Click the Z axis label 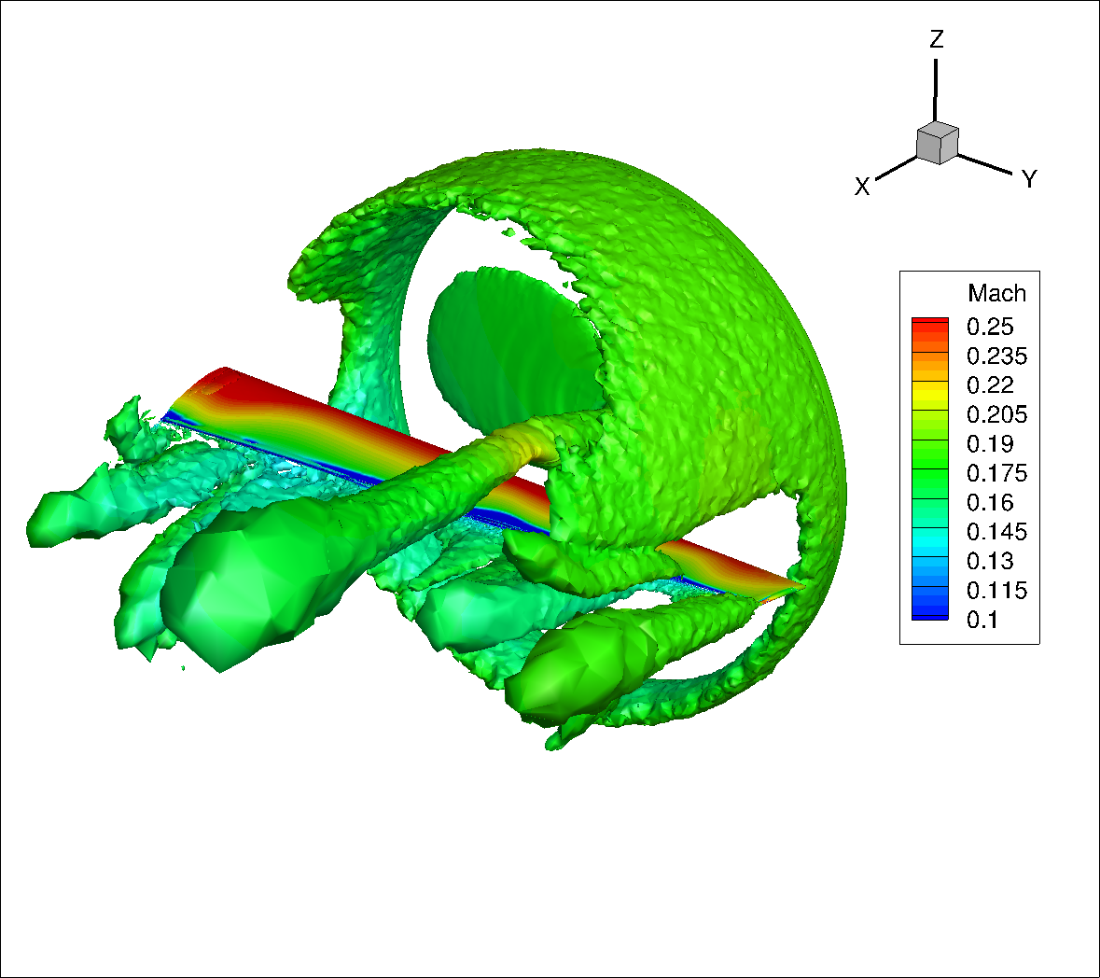[937, 39]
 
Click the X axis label [862, 187]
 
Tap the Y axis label [1029, 179]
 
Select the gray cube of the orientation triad [938, 143]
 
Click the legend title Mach [996, 293]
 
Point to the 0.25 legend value [990, 327]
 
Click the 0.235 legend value [996, 356]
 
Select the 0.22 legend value [990, 385]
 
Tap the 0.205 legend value [996, 414]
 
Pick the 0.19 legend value [990, 444]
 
